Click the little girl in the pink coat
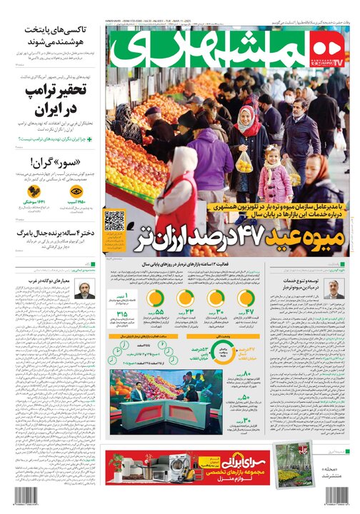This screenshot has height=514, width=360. (274, 174)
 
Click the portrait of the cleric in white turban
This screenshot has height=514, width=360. (83, 291)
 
